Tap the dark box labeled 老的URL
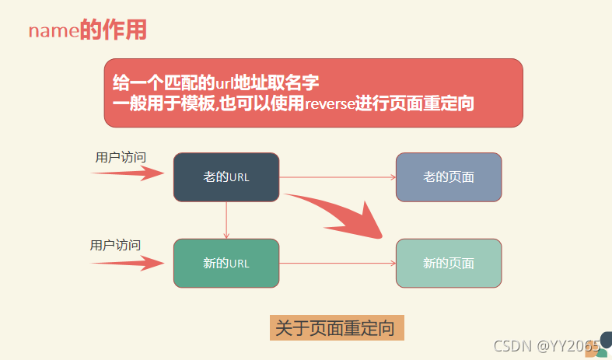[226, 177]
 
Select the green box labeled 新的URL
[226, 263]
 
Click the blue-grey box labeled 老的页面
[449, 177]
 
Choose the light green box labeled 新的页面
[449, 263]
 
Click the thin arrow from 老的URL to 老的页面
[337, 177]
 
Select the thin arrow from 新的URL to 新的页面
[337, 263]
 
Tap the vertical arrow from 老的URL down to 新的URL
[226, 220]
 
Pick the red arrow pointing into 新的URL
[129, 263]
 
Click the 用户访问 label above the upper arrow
[121, 157]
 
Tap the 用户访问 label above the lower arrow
[116, 245]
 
